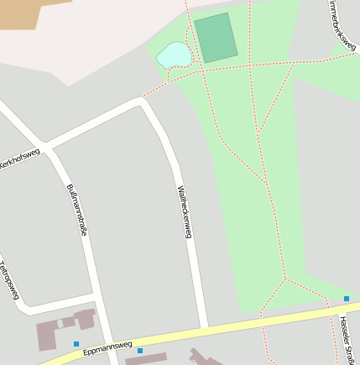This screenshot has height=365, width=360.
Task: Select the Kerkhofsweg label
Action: [x=18, y=159]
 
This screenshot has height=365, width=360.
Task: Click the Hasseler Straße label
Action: [x=347, y=339]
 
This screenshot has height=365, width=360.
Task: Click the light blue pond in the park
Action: [x=175, y=55]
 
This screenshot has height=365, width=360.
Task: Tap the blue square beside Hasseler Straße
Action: [x=346, y=299]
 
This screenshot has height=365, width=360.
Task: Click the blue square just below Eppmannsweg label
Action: [x=140, y=351]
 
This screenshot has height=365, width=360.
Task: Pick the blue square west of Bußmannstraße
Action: [x=76, y=343]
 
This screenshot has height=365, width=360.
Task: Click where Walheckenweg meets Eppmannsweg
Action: [x=204, y=326]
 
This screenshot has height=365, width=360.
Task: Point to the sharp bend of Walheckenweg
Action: [x=143, y=102]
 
